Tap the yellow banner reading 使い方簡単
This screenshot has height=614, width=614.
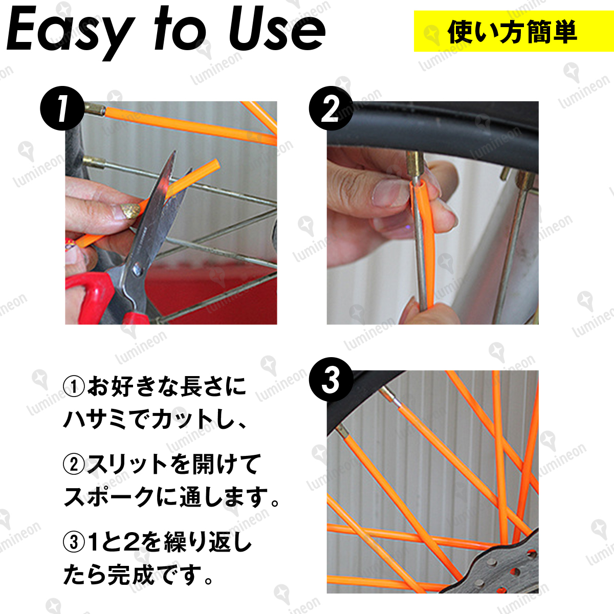(x=514, y=31)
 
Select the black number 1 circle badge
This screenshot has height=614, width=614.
(x=62, y=108)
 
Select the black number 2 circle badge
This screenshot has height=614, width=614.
(x=331, y=108)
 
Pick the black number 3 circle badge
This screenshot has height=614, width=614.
(x=331, y=379)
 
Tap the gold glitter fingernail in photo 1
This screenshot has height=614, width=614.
(x=129, y=211)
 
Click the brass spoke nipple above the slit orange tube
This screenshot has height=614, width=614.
(x=415, y=166)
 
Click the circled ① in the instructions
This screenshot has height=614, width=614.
(x=74, y=387)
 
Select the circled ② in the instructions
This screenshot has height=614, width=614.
(x=74, y=465)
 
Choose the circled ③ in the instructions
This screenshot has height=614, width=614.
(x=74, y=543)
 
